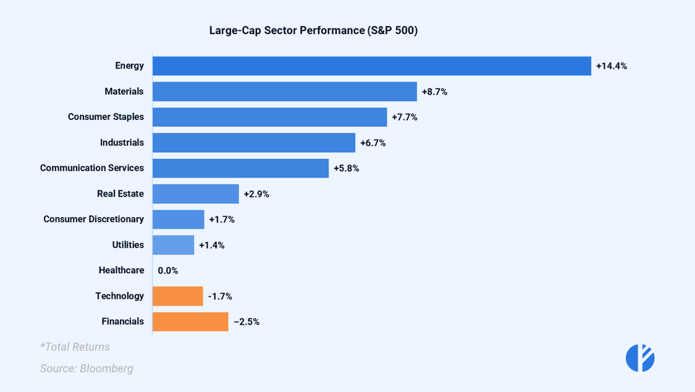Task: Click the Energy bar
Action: pos(371,66)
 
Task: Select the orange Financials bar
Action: pos(190,322)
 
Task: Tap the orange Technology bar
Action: pos(178,296)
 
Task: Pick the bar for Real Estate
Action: pos(195,194)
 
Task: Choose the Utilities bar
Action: pos(173,245)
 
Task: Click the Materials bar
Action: pos(284,92)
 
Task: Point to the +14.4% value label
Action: pos(611,66)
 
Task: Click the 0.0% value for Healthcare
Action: pos(168,271)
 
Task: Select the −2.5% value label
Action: pos(246,322)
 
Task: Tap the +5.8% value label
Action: pos(346,168)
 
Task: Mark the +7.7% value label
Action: pos(404,117)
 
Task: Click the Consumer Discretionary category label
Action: pos(93,219)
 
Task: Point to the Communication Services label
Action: pos(92,168)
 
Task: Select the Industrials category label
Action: pos(122,143)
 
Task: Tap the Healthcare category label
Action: pos(121,270)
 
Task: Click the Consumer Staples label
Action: pos(106,117)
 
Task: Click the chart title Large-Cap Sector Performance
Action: pos(313,30)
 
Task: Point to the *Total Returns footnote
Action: pos(75,347)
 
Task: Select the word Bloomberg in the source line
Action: pos(106,369)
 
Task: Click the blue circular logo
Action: pos(640,357)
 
